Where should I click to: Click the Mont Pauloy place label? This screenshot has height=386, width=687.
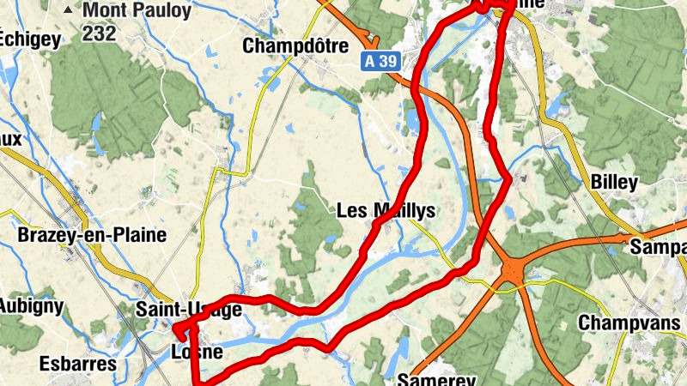click(125, 12)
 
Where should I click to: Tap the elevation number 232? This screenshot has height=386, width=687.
click(100, 34)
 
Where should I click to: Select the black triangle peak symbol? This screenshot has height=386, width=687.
click(69, 10)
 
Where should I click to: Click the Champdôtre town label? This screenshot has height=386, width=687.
click(295, 45)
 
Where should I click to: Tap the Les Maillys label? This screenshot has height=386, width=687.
click(386, 210)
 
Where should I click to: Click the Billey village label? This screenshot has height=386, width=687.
click(614, 182)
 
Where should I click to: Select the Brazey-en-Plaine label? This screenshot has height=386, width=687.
click(93, 235)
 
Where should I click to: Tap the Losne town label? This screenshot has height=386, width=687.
click(197, 352)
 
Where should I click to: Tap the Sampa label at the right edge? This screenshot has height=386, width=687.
click(658, 247)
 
